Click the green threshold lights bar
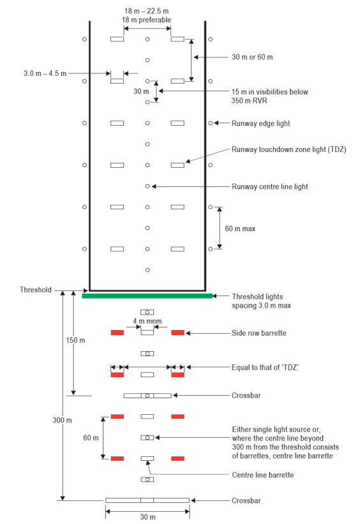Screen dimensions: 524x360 coord(147,296)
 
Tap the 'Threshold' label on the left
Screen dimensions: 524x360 coord(36,290)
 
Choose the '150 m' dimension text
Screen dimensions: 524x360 coord(75,340)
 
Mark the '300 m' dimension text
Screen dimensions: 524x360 coord(63,420)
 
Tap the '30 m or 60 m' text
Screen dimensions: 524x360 coord(252,57)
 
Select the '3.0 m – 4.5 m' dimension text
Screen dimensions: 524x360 coord(45,73)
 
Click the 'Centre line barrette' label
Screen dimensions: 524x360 coord(262,475)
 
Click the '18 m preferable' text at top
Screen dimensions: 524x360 coord(147,20)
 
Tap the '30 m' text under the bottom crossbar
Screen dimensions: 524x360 coord(147,517)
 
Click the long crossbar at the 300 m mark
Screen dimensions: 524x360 coord(147,500)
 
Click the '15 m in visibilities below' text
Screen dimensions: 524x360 coord(270,92)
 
